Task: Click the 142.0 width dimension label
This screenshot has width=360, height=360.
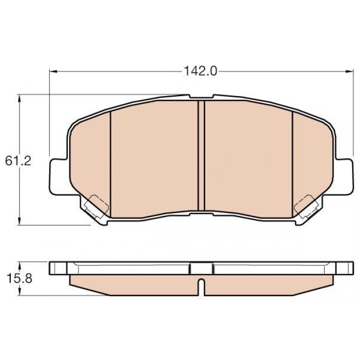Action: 201,71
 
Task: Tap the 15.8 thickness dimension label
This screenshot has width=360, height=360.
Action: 20,279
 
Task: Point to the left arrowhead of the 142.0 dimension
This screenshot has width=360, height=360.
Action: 53,71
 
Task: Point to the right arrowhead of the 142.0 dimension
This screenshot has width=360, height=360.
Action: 349,71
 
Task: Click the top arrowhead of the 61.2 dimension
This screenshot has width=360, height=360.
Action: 20,98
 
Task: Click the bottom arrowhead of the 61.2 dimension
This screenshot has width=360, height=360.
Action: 20,221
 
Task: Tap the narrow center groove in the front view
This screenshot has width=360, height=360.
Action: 202,155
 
